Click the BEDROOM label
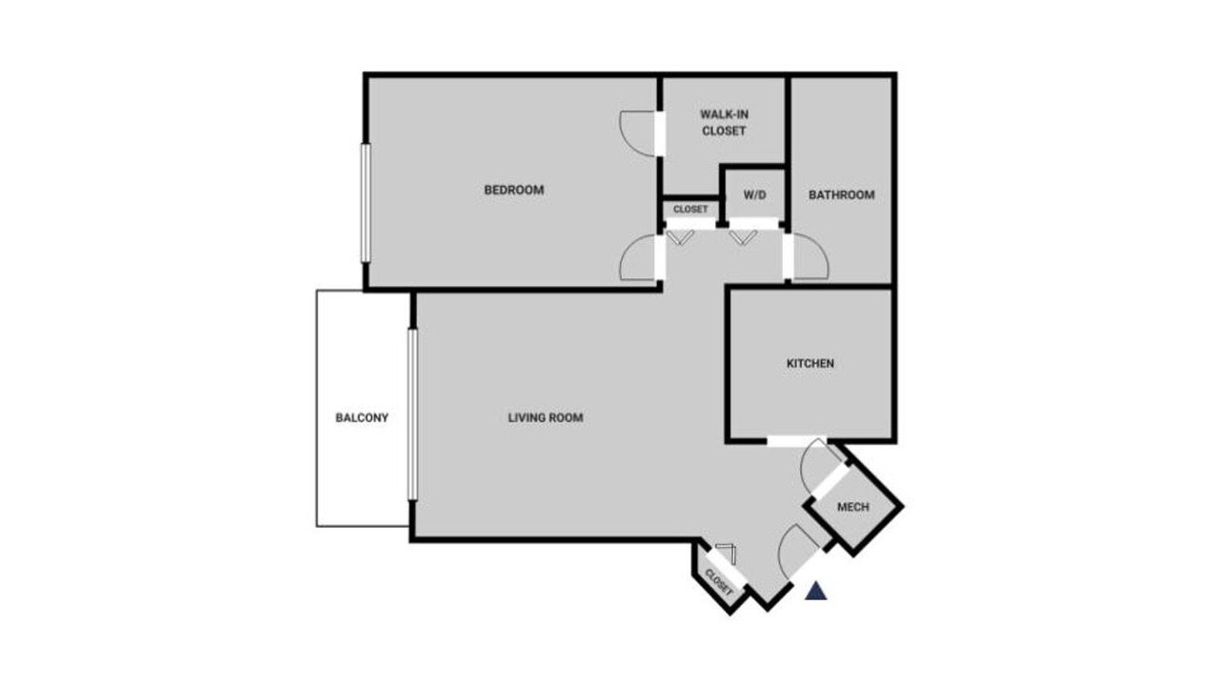[513, 190]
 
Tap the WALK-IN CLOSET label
[724, 123]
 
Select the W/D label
[755, 195]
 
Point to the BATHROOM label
[841, 195]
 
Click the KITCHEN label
[809, 363]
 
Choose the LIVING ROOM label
[546, 417]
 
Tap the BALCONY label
[362, 417]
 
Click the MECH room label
[852, 507]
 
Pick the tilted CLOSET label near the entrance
[718, 582]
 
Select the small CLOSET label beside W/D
[690, 209]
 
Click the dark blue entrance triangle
[816, 592]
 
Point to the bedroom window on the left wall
[366, 203]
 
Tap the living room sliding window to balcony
[412, 414]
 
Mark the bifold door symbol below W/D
[744, 238]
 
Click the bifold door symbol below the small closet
[680, 238]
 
